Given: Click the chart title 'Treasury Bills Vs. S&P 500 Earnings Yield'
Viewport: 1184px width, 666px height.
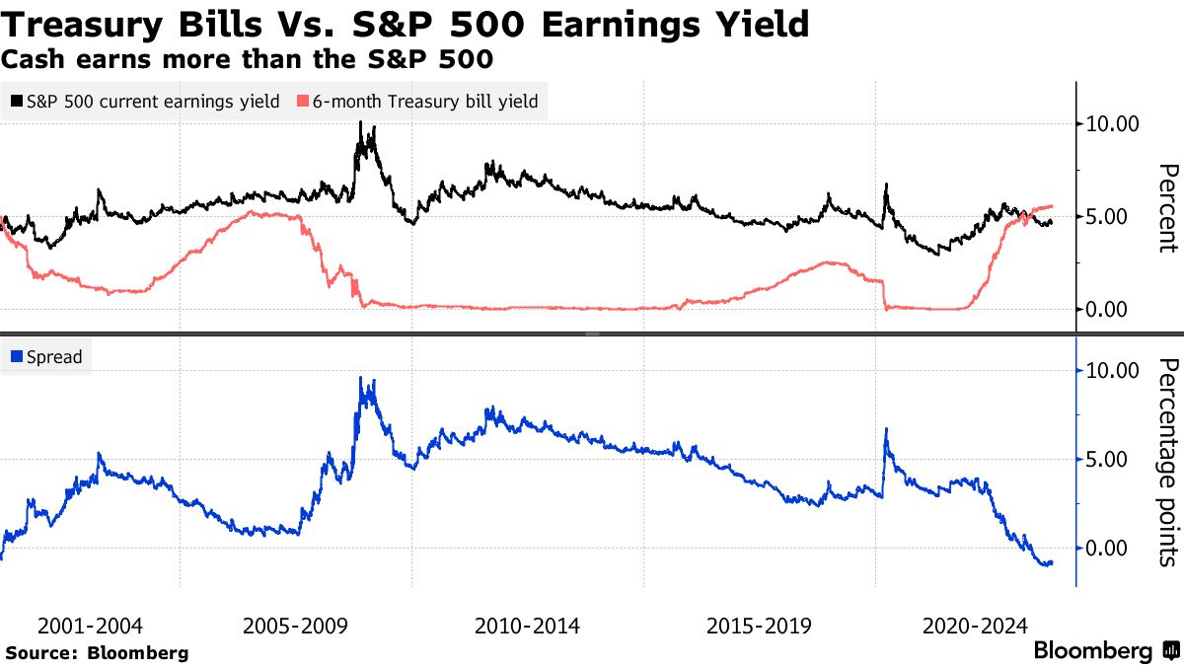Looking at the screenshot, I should click(406, 24).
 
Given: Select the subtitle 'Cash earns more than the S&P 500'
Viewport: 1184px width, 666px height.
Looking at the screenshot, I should click(247, 59).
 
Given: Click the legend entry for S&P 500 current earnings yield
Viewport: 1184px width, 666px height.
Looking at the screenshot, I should click(145, 102).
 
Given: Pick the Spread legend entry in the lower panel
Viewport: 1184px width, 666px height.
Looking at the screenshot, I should click(46, 357).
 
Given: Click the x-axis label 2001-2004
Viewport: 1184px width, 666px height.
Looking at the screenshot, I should click(90, 626).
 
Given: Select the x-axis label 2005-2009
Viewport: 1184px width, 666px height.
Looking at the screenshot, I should click(294, 626).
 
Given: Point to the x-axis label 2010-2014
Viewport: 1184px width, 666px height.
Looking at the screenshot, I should click(527, 626).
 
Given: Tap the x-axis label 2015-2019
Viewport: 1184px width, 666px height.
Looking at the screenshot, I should click(759, 626).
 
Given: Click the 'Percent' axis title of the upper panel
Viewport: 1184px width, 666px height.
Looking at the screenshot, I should click(1167, 208).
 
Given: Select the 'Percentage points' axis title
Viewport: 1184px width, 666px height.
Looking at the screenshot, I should click(1167, 463).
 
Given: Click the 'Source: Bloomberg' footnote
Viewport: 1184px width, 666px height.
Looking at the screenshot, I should click(97, 653).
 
